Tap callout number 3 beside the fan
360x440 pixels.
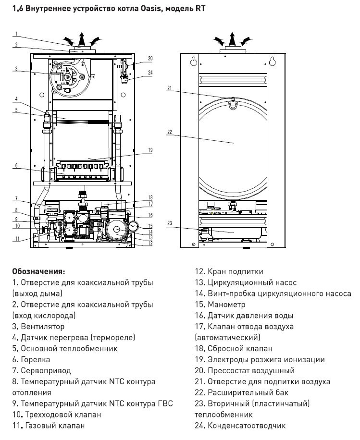pos(15,69)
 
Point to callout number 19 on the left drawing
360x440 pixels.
pos(150,150)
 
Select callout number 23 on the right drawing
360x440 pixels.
pos(169,222)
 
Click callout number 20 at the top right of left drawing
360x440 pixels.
pos(150,58)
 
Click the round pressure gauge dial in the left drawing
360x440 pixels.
pos(140,225)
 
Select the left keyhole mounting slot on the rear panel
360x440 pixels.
pos(194,62)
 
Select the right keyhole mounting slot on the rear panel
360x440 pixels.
pos(273,62)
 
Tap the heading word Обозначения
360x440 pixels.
pos(38,271)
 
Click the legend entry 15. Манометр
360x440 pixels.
pos(220,305)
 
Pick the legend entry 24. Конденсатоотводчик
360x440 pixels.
pos(240,426)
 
